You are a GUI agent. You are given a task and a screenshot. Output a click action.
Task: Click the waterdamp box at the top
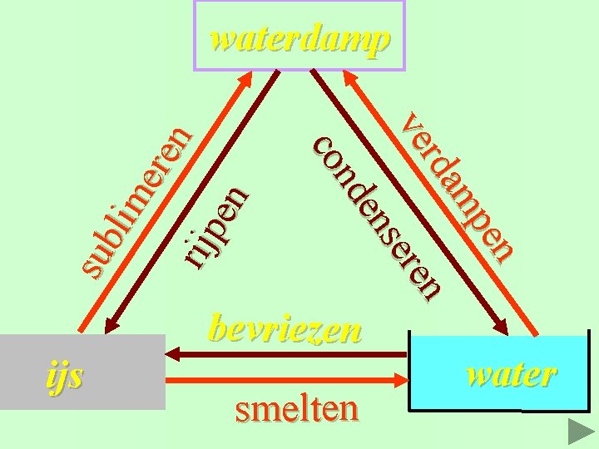pos(299,36)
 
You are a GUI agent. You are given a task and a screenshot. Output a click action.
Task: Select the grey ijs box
pos(82,373)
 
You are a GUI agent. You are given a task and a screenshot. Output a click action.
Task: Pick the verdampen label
pos(458,187)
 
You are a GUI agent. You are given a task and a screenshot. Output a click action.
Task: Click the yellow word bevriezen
pos(285,330)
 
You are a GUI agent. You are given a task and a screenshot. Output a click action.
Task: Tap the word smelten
pos(297,408)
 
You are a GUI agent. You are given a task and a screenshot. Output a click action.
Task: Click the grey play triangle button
pos(579,431)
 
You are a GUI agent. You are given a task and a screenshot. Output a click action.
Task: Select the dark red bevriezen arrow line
pos(291,356)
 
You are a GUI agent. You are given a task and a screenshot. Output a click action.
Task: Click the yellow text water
pos(512,374)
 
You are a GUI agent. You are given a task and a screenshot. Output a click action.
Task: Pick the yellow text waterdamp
pos(299,38)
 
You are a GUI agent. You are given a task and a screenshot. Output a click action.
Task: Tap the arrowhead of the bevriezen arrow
pos(177,356)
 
